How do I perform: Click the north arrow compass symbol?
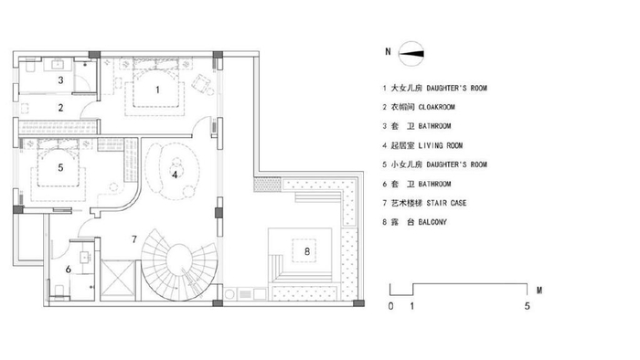[x=411, y=53]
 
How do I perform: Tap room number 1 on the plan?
[x=157, y=90]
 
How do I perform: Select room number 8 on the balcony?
[x=307, y=251]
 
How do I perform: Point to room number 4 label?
[x=175, y=175]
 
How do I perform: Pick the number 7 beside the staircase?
[x=134, y=239]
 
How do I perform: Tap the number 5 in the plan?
[x=60, y=167]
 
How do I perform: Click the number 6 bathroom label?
[x=69, y=269]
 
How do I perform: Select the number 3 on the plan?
[x=60, y=79]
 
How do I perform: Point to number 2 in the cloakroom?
[x=60, y=108]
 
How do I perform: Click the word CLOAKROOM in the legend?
[x=436, y=107]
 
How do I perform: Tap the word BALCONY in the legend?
[x=432, y=222]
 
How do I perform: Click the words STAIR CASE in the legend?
[x=446, y=203]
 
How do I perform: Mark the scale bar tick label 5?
[x=527, y=306]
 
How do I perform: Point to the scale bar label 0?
[x=390, y=306]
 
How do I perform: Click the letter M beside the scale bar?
[x=539, y=291]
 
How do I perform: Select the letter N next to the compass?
[x=388, y=52]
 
